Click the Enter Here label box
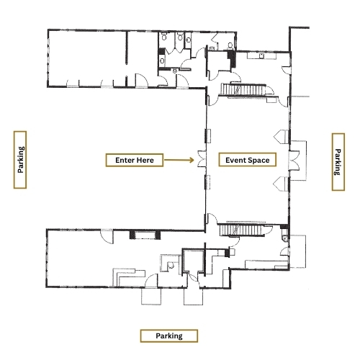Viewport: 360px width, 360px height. tap(135, 160)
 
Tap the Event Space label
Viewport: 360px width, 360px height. tap(248, 160)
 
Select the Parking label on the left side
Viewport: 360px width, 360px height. tap(20, 160)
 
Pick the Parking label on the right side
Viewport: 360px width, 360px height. tap(338, 162)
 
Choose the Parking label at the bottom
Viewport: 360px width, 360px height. tap(169, 336)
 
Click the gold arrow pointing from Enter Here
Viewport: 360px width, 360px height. tap(179, 160)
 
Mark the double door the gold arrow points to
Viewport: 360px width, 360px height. tap(202, 158)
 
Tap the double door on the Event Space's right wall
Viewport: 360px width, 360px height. tap(294, 161)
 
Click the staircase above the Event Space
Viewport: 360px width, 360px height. tap(243, 90)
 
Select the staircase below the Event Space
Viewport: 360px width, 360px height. tap(242, 230)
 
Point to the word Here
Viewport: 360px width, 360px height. tap(145, 160)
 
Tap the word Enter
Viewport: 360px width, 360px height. tap(125, 160)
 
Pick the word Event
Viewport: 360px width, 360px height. tap(235, 160)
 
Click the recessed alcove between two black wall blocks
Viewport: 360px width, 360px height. tap(145, 235)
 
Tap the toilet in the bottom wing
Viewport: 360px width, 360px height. tap(171, 265)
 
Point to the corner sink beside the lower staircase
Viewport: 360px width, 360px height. tap(285, 238)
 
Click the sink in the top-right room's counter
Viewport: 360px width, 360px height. tap(261, 55)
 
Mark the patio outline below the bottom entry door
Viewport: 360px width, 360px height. tap(194, 297)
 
